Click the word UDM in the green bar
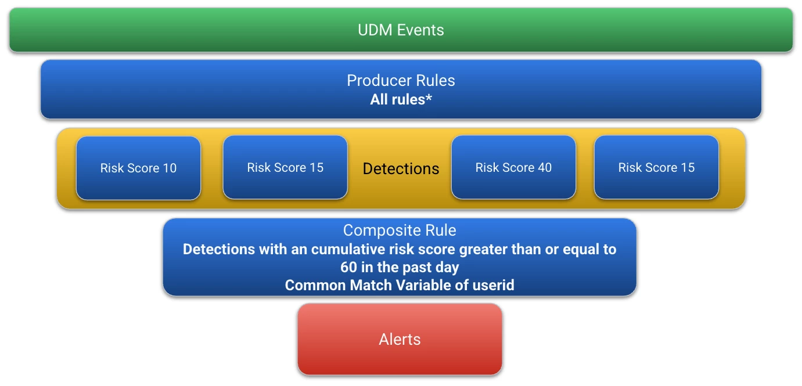click(x=375, y=30)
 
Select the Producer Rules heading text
click(x=401, y=81)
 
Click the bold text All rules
click(x=397, y=99)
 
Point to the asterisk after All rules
click(x=429, y=98)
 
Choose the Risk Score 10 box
click(x=138, y=168)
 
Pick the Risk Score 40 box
click(x=513, y=167)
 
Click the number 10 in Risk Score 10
click(x=170, y=168)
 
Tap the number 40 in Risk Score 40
click(x=545, y=167)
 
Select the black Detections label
click(x=401, y=168)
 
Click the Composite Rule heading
click(x=400, y=230)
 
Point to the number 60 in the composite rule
click(x=348, y=267)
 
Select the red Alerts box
click(x=400, y=339)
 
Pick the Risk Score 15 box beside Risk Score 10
click(x=285, y=167)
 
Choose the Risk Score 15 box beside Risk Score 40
click(x=656, y=167)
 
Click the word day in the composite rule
click(x=448, y=268)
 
